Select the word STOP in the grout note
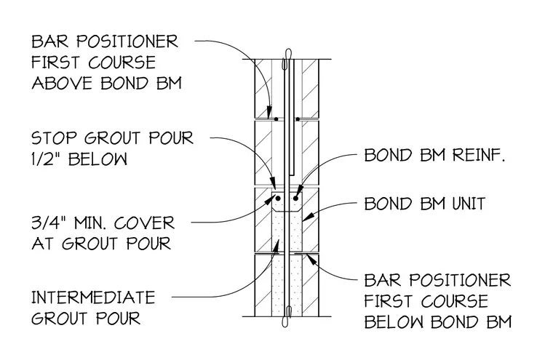click(x=54, y=138)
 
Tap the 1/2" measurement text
click(x=46, y=159)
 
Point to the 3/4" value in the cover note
click(x=48, y=223)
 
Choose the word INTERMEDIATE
click(x=93, y=297)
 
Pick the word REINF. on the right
click(x=479, y=155)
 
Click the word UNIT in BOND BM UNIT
click(x=469, y=204)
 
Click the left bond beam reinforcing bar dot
click(x=278, y=199)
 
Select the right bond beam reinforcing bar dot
click(x=295, y=199)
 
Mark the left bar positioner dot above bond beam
click(x=276, y=119)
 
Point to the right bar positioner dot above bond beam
click(x=298, y=119)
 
